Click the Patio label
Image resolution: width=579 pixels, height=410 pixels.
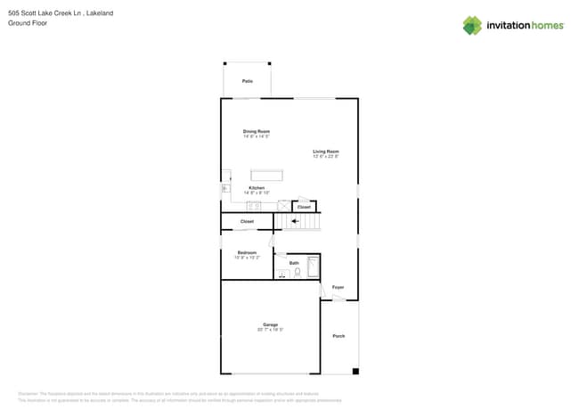[x=247, y=81]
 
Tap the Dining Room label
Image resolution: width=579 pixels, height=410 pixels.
[x=256, y=131]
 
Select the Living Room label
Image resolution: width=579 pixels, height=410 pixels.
[x=325, y=152]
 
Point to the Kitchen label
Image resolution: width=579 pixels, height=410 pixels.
[x=257, y=188]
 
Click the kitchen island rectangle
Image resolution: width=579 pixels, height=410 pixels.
[x=265, y=175]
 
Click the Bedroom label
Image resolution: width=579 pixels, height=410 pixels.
[x=247, y=252]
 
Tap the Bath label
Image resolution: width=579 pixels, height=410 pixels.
[x=294, y=263]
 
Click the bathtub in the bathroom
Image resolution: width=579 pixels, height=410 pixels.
[x=313, y=266]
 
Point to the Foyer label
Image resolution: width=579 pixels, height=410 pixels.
[x=338, y=287]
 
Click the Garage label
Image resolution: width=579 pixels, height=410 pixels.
[x=270, y=324]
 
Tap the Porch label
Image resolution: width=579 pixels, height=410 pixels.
[x=338, y=336]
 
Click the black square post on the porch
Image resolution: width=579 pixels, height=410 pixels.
[x=355, y=371]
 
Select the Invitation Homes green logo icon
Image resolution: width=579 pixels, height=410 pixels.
[x=472, y=25]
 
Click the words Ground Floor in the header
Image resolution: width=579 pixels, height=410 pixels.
[x=28, y=23]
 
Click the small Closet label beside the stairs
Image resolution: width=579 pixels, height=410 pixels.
[x=304, y=207]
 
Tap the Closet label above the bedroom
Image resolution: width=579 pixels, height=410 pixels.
[x=247, y=221]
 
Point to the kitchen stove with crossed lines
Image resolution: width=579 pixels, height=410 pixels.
[x=282, y=205]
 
